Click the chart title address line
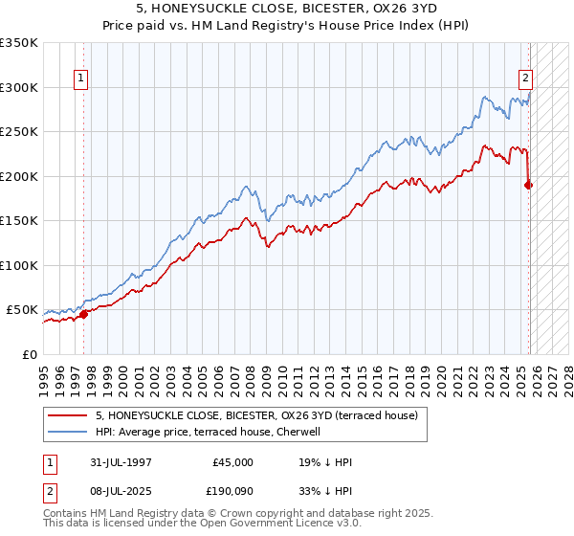coord(286,10)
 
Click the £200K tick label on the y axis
coord(19,176)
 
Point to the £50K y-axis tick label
coord(22,310)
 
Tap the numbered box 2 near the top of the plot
coord(525,79)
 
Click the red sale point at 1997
coord(84,314)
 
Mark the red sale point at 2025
coord(529,185)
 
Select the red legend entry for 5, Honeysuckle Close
coord(255,415)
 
